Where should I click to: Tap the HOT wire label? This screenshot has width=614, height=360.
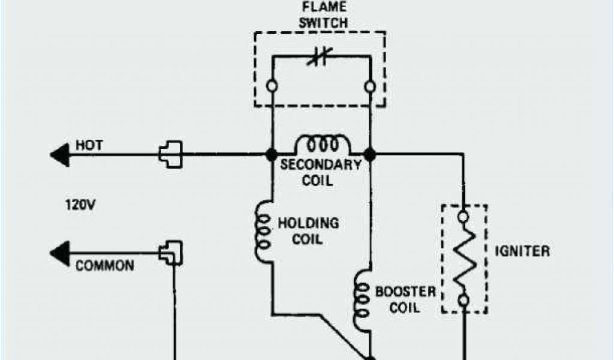click(x=89, y=145)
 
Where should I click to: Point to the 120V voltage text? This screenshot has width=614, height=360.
click(x=80, y=205)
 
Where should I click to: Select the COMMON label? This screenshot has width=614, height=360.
click(x=104, y=265)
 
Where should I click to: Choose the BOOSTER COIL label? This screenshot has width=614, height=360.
click(x=405, y=299)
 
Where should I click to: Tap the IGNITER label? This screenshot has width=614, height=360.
click(x=522, y=251)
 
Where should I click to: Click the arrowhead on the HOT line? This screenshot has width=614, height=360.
click(x=59, y=155)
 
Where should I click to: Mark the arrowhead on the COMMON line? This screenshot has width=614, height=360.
click(x=59, y=253)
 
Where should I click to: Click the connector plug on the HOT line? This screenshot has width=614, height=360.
click(x=170, y=154)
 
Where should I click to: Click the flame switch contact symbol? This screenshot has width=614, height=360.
click(x=319, y=58)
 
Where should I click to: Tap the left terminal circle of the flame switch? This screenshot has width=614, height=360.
click(x=272, y=86)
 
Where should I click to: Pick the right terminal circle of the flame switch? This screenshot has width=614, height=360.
click(x=371, y=86)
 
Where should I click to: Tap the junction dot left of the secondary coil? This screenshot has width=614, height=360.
click(x=272, y=155)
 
